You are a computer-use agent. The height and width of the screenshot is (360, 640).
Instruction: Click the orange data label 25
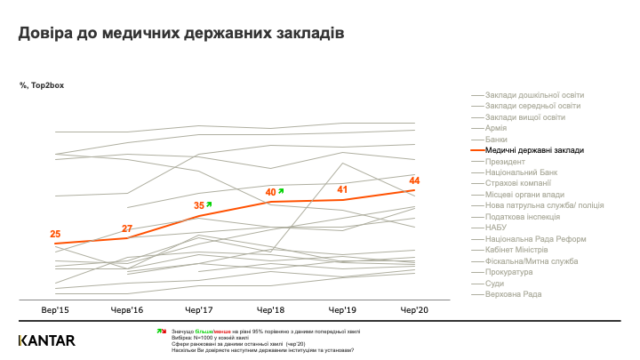pos(55,234)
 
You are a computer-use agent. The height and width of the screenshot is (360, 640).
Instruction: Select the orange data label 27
pos(127,228)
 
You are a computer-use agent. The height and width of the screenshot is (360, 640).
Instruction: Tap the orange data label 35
pos(199,205)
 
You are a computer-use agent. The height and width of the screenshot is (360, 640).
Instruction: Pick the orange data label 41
pos(343,189)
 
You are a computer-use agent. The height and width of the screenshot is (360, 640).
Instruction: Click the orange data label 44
pos(414,181)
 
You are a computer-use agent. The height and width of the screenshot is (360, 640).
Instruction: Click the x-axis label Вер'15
pos(55,310)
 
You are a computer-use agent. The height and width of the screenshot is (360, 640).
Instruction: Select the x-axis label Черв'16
pos(127,310)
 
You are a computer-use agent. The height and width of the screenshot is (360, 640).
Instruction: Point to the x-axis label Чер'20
pos(414,310)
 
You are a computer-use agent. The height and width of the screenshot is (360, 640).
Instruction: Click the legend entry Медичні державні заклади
pos(534,150)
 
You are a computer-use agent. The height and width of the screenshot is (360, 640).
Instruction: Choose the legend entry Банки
pos(497,140)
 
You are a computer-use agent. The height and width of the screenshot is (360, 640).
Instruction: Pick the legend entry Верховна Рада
pos(514,294)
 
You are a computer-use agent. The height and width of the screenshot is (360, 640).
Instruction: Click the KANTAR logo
pos(47,340)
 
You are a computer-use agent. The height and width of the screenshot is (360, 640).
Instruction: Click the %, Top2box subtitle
pos(41,85)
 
